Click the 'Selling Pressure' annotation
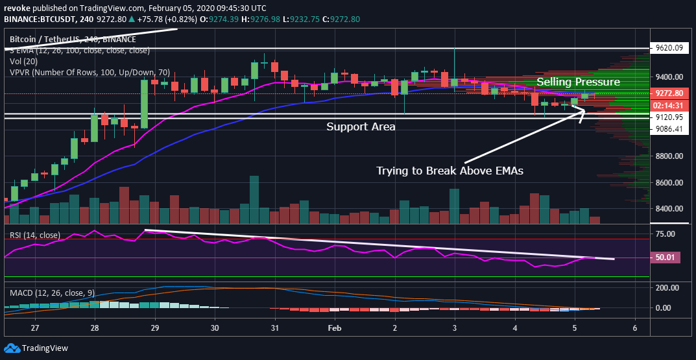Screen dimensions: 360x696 click(578, 82)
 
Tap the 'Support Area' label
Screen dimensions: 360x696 click(361, 127)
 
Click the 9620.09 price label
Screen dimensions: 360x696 click(668, 47)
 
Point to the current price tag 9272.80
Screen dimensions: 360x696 click(668, 93)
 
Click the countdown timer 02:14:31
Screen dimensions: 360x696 click(668, 105)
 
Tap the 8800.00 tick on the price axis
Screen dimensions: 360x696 click(668, 156)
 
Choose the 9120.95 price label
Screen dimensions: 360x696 click(668, 117)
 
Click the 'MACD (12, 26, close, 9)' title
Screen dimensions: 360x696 click(53, 293)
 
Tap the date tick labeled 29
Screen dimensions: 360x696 click(154, 328)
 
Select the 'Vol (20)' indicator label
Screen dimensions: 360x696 click(23, 60)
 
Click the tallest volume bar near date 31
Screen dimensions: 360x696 click(254, 200)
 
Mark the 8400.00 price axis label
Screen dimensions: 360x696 click(668, 209)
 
